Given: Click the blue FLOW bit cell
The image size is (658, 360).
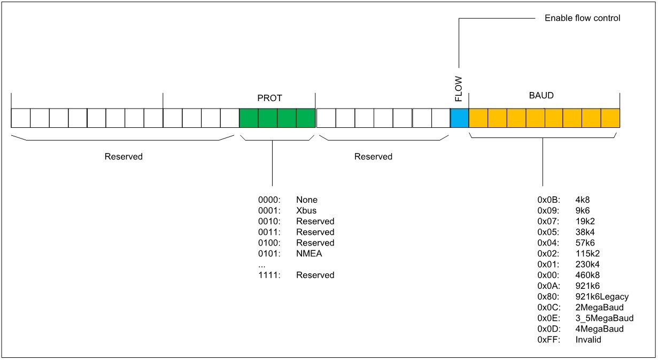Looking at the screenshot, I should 459,118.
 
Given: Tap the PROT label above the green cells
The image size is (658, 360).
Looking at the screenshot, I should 269,98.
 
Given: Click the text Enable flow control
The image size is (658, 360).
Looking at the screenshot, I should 582,18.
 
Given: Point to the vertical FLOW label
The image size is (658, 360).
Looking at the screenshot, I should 459,89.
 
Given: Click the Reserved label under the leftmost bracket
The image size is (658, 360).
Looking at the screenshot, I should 123,157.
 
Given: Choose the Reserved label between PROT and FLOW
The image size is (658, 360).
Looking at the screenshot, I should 373,157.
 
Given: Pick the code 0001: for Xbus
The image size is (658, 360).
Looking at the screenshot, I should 269,211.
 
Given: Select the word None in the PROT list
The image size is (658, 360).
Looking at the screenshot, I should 306,200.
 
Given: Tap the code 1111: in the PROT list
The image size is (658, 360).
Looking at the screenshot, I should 269,275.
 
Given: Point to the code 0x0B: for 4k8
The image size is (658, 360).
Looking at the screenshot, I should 548,200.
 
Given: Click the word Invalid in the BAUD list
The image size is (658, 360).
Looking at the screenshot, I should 589,339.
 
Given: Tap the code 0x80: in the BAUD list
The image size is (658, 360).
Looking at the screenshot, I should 548,296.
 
